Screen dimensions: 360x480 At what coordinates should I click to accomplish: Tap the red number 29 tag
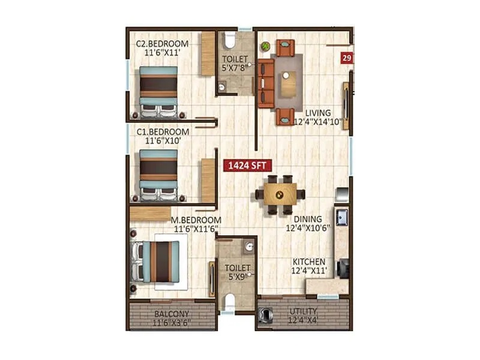click(346, 58)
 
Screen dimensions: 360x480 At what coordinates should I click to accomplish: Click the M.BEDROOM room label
click(196, 220)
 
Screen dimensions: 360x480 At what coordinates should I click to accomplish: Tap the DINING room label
click(307, 219)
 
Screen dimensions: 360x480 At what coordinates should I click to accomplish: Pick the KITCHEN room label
click(309, 262)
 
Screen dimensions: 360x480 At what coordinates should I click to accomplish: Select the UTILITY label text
click(304, 311)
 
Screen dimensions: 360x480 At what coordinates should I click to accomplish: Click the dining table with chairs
click(280, 194)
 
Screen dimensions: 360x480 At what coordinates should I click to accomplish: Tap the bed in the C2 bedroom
click(158, 91)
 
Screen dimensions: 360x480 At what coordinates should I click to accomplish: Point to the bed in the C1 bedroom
click(158, 174)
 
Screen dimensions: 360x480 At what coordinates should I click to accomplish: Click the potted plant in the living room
click(265, 44)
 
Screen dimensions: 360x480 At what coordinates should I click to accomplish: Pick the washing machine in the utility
click(266, 314)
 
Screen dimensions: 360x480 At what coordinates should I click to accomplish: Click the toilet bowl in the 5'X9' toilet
click(229, 301)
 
